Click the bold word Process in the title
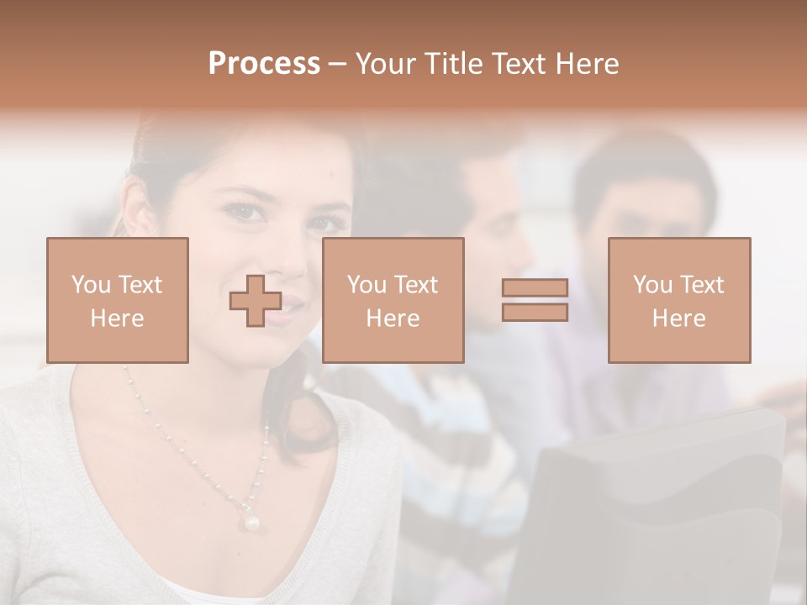[x=264, y=64]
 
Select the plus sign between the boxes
[x=256, y=301]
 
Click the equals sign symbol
[x=535, y=300]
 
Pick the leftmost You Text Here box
[x=118, y=301]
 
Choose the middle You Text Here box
[x=393, y=301]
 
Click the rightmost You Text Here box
[x=679, y=301]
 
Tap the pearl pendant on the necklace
[x=251, y=522]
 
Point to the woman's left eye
[x=326, y=224]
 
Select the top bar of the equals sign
[x=535, y=287]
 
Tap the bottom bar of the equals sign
[x=535, y=313]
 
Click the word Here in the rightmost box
[x=678, y=318]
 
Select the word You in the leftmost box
[x=89, y=285]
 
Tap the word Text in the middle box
[x=415, y=285]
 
